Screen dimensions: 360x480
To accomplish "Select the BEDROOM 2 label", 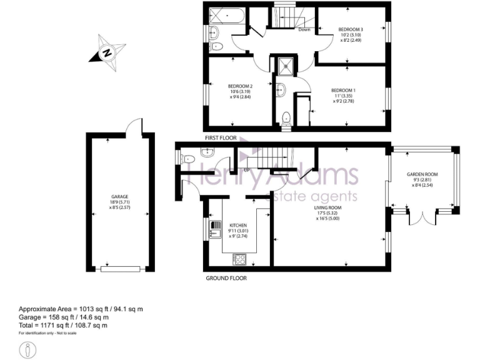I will pos(239,86).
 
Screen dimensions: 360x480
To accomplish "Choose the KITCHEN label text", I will pos(239,225).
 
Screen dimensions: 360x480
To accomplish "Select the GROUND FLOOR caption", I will pos(226,277).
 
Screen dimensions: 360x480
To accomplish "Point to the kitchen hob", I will pos(239,257).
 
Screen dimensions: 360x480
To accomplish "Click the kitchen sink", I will pos(216,229).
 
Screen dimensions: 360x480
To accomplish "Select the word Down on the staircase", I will pos(304,29).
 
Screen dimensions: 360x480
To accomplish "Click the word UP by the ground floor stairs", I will pos(247,170).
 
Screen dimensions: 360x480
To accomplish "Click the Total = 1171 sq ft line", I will pos(63,325).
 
